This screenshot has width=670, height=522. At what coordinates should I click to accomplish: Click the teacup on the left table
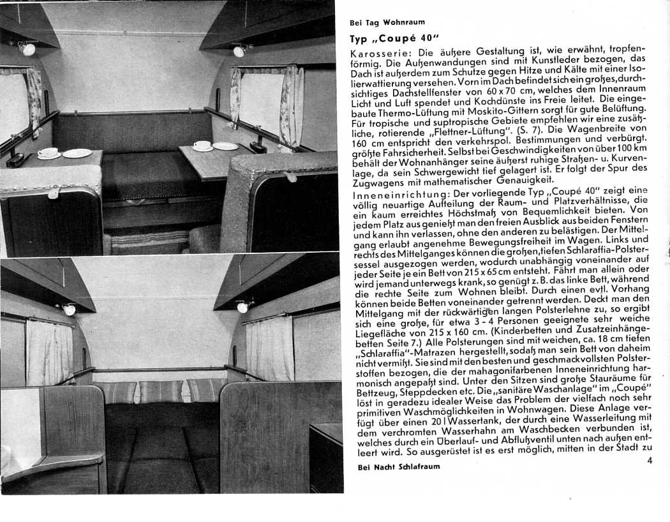tap(47, 153)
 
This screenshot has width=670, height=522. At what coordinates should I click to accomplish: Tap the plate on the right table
tap(225, 146)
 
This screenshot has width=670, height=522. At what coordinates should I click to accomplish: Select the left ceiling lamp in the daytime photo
tap(27, 48)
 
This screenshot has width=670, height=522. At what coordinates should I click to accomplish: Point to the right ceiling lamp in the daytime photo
tap(238, 51)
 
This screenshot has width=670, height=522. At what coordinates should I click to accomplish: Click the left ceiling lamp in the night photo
tap(69, 309)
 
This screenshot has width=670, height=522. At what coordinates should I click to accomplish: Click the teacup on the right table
tap(202, 146)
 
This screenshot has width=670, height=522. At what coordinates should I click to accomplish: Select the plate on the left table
tap(77, 153)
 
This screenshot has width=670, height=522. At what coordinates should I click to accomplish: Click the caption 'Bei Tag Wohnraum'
tap(387, 22)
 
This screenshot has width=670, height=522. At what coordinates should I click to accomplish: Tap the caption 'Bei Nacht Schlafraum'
tap(394, 466)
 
